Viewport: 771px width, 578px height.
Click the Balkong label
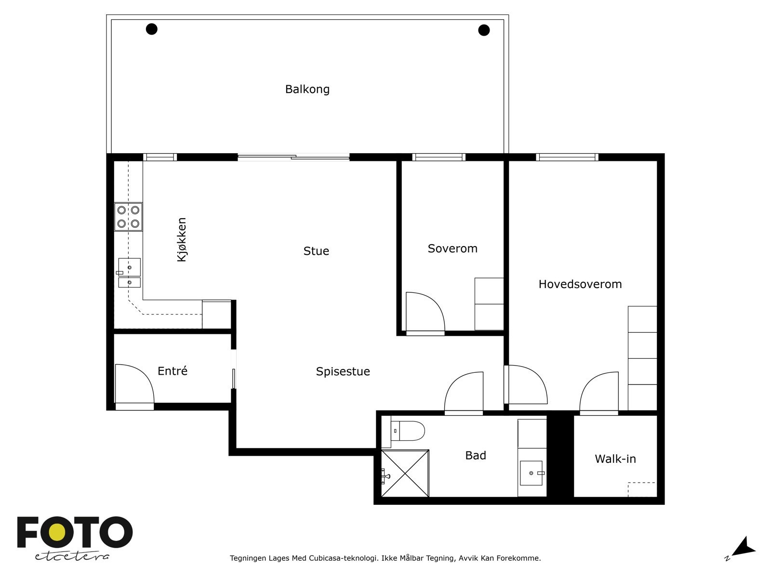307,89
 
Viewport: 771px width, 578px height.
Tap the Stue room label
316,251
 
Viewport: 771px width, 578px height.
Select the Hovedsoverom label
580,284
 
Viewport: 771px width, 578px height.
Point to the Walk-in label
615,459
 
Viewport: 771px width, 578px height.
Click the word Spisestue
343,371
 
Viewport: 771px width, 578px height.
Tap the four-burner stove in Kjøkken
128,217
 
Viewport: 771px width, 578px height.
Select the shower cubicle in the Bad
405,473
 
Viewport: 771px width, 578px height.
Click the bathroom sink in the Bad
532,473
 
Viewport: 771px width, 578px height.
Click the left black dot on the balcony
152,29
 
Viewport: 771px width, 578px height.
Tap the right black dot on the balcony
484,30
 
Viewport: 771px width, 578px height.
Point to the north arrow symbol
744,547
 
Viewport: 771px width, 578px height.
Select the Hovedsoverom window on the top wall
567,157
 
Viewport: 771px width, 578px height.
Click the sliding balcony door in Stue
293,157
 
